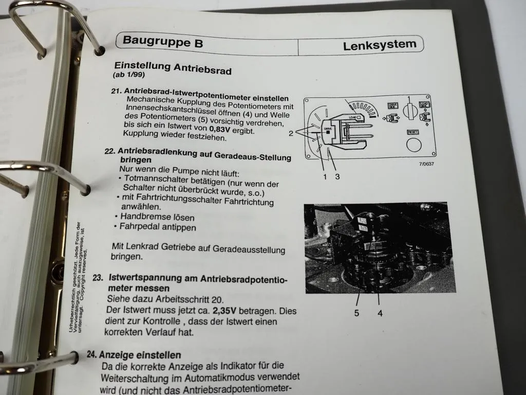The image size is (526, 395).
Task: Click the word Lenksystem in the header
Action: pyautogui.click(x=380, y=45)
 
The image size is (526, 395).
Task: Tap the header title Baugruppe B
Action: pyautogui.click(x=163, y=42)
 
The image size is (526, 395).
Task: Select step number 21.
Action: pyautogui.click(x=117, y=91)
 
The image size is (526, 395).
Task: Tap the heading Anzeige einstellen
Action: pyautogui.click(x=140, y=355)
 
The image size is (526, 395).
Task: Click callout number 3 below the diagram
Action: pyautogui.click(x=337, y=176)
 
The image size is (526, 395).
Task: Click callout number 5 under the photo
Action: pyautogui.click(x=356, y=312)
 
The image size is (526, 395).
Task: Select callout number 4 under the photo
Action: pyautogui.click(x=380, y=312)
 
